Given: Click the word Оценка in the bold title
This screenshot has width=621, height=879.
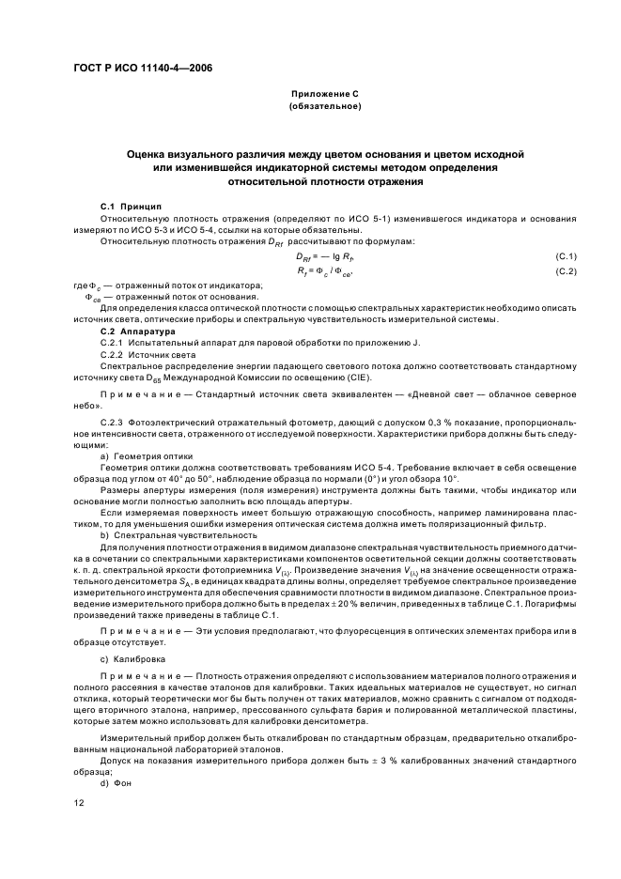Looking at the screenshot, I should coord(153,152).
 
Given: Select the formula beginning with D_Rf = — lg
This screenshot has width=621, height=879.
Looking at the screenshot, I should coord(324,256).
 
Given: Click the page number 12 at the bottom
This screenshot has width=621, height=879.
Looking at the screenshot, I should coord(80,805).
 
